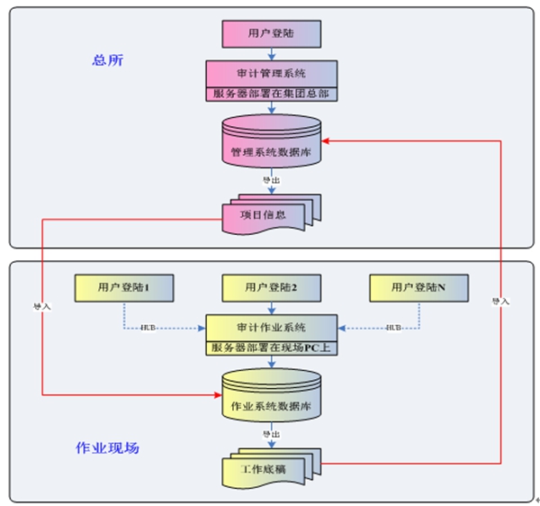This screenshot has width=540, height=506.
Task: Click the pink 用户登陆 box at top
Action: coord(271,33)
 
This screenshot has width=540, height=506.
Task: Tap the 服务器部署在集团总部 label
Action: coord(271,93)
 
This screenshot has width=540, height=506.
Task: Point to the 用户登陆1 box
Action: coord(122,287)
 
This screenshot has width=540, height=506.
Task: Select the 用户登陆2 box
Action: coord(271,287)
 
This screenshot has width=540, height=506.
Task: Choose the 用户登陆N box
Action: coord(418,287)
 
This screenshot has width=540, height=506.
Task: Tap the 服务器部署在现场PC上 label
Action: coord(271,346)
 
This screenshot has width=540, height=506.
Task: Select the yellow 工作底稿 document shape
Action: coord(269,466)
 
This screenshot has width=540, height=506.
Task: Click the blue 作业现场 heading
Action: coord(107,447)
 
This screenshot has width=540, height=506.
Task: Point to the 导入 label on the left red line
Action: coord(42,305)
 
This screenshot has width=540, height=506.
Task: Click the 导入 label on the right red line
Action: coord(500,300)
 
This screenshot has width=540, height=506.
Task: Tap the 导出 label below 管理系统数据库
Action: coord(271,180)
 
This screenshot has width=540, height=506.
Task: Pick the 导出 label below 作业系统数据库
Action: coord(271,433)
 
